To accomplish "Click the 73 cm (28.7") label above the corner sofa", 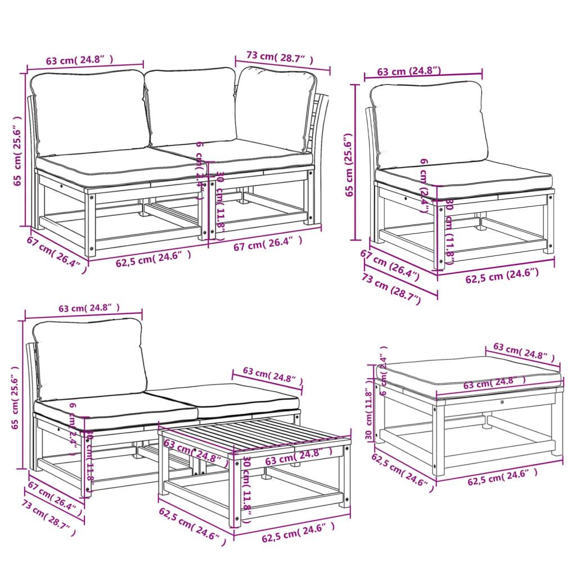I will point(280,57).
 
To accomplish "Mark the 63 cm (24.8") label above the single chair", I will point(408,71).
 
